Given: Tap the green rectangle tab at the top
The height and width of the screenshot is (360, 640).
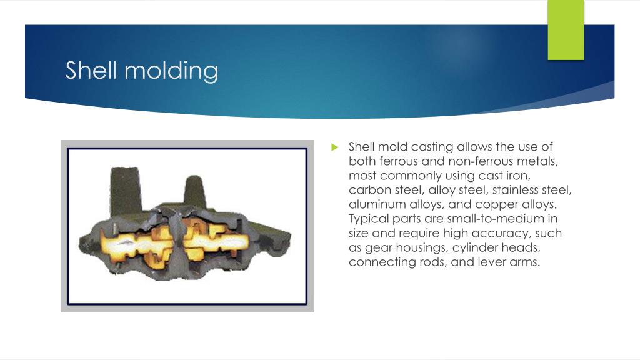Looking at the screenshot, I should (566, 29).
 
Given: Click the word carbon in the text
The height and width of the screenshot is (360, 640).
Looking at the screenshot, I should (368, 190).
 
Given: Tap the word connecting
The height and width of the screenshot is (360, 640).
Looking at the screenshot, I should (380, 262).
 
